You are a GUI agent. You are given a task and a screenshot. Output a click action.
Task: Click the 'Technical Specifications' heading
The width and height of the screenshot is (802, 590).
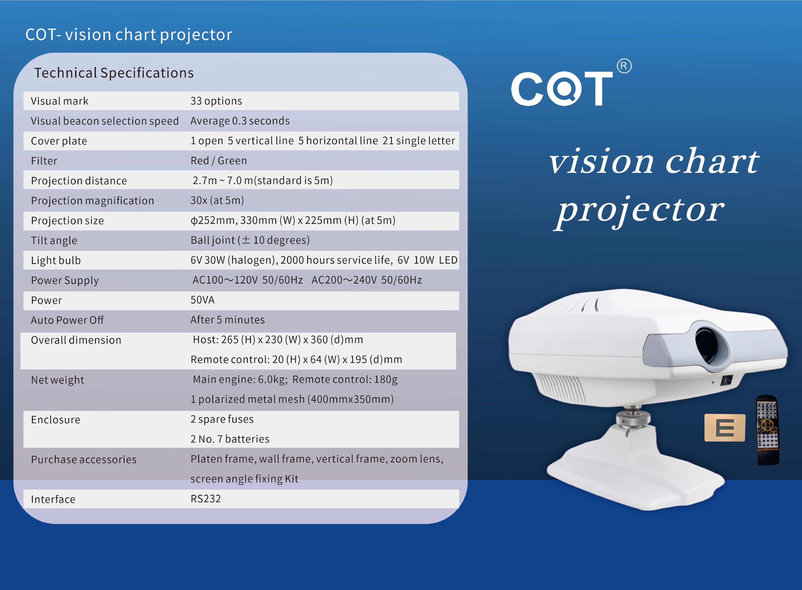tap(114, 73)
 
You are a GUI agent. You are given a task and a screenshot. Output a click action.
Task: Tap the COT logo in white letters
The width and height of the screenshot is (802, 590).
tap(562, 88)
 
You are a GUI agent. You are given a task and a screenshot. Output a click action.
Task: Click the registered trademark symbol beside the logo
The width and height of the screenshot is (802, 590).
tap(624, 66)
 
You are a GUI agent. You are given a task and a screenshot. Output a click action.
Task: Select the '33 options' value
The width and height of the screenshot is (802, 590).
tap(216, 101)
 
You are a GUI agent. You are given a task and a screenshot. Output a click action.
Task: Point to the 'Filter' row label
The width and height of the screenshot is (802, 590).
tap(44, 161)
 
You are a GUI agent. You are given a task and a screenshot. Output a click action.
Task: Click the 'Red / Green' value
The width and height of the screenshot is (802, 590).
tap(219, 161)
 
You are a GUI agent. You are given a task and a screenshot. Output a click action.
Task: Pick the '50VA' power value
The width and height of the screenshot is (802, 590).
tap(203, 300)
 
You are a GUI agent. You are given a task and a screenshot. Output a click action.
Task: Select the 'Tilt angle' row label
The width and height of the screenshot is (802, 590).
tap(54, 241)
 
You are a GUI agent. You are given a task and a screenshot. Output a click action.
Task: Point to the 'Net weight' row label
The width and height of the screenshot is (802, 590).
tap(58, 380)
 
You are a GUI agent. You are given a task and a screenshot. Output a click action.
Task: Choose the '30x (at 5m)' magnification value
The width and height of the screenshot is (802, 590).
tap(217, 200)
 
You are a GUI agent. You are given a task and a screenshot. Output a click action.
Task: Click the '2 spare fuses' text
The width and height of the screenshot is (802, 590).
tap(222, 419)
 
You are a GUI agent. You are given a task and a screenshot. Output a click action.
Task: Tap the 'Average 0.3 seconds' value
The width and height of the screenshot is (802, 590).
tap(240, 121)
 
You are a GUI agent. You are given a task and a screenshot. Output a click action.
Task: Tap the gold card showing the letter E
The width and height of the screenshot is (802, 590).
tap(725, 428)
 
